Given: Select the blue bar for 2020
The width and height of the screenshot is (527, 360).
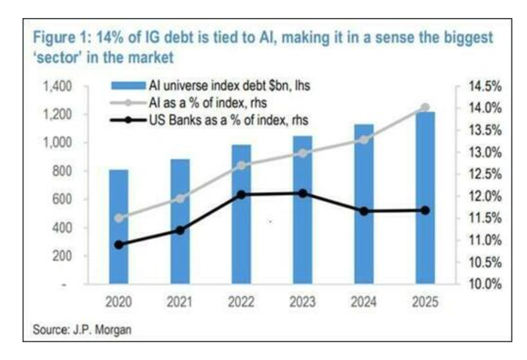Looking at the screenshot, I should point(119,226).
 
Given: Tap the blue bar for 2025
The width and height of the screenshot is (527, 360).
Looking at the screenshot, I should point(425,198).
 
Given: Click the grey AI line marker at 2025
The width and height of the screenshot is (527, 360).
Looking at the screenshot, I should point(425,107).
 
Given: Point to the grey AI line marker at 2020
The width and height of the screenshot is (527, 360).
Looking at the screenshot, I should point(119,218).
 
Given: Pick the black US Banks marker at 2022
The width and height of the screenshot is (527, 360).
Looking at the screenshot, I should point(241,194).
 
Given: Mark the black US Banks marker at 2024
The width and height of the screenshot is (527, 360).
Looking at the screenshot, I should point(363,211).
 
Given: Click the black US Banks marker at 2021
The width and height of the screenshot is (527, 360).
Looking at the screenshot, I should point(180,230).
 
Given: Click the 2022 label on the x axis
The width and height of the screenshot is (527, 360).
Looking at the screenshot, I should point(241,302).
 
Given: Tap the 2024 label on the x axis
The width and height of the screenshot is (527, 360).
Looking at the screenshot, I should point(363,302).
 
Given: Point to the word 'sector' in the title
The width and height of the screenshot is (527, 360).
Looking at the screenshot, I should point(56,58).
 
